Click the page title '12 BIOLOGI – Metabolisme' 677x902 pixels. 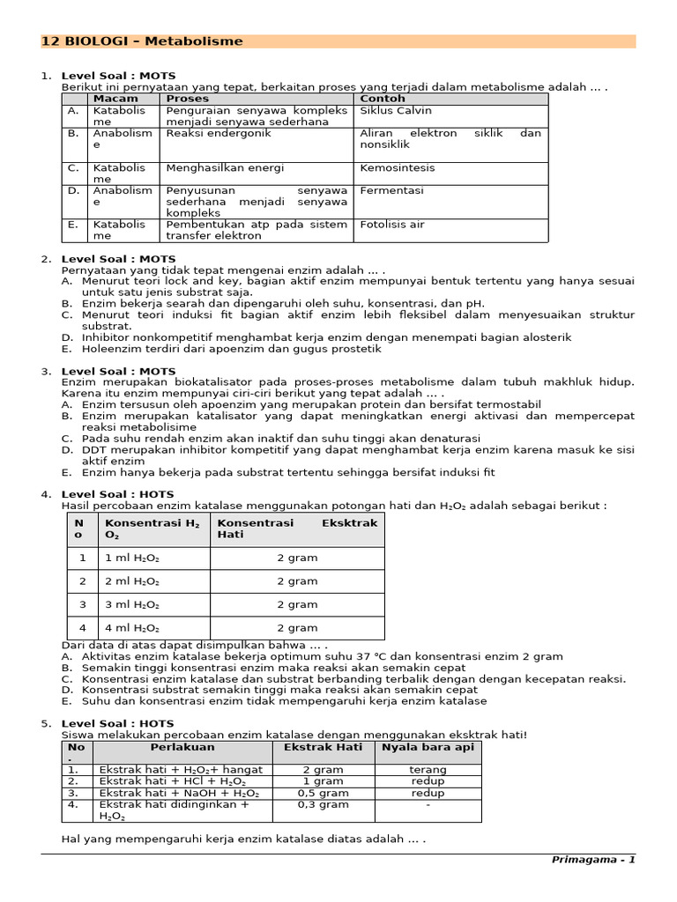click(x=143, y=41)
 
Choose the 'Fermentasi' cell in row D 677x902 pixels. click(x=392, y=190)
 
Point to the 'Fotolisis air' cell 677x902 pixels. click(x=392, y=225)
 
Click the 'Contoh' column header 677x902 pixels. click(x=381, y=99)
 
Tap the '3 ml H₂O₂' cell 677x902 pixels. click(x=132, y=605)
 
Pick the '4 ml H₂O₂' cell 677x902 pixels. click(x=132, y=628)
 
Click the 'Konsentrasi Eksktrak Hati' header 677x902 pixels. click(x=297, y=529)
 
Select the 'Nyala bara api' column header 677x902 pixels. click(x=428, y=747)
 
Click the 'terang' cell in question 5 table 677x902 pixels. click(x=428, y=770)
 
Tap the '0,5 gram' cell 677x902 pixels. click(x=323, y=793)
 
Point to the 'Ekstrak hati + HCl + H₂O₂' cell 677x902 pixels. click(x=172, y=781)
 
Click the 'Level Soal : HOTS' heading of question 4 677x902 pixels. click(x=117, y=494)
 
